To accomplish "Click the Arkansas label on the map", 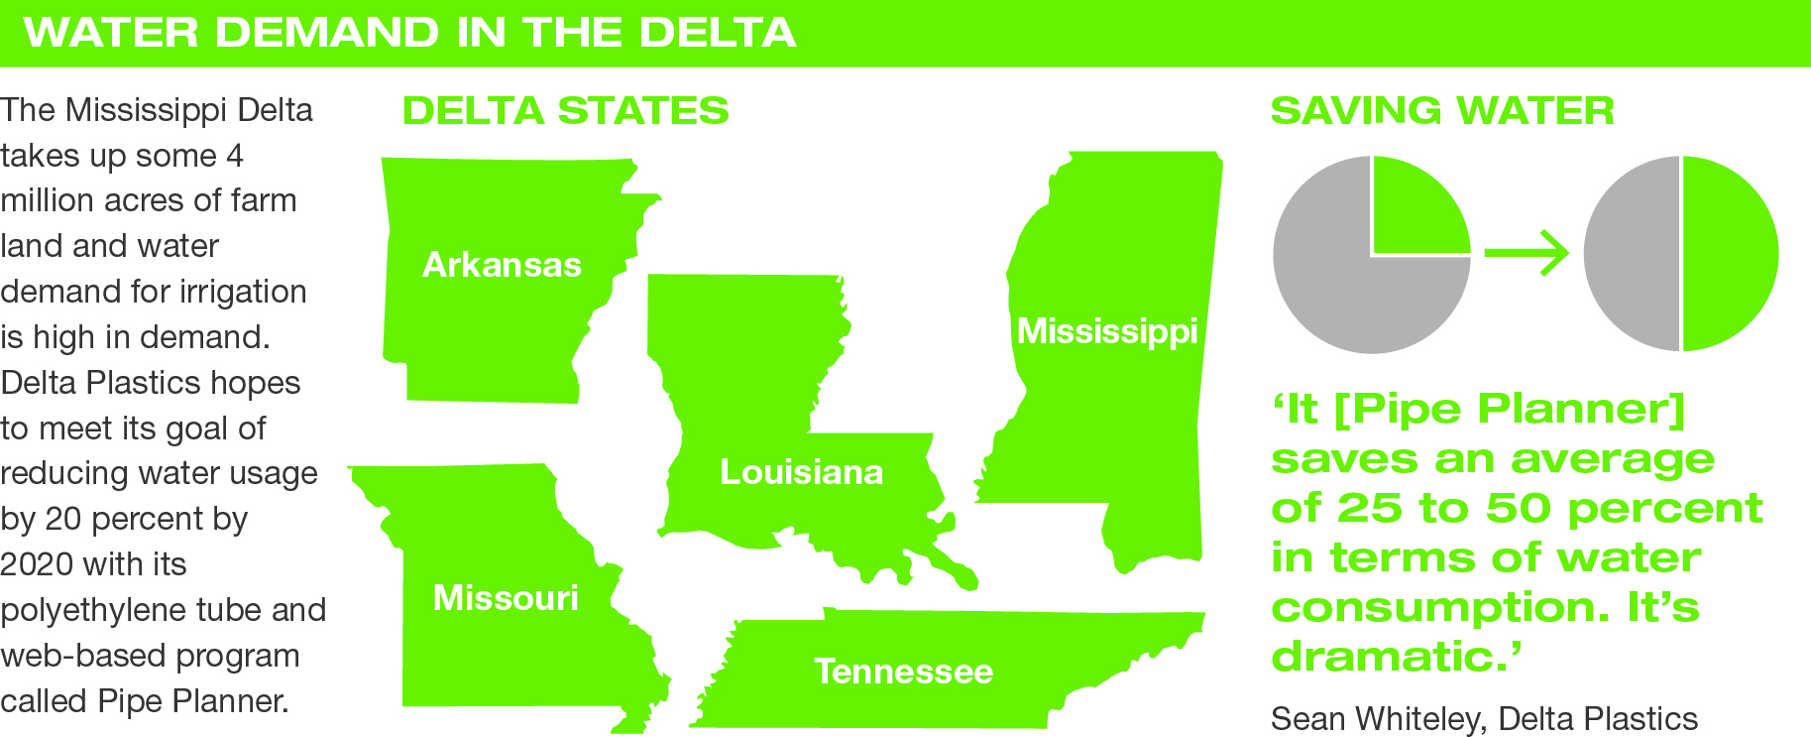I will click(x=502, y=265).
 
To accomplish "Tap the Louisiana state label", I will click(x=801, y=472).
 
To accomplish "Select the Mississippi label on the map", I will click(x=1107, y=331).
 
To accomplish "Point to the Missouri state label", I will click(x=506, y=598).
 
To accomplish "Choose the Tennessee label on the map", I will click(x=903, y=672).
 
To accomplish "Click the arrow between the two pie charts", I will click(x=1527, y=254).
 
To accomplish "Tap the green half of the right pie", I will click(x=1728, y=254).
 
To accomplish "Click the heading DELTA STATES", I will click(x=565, y=111).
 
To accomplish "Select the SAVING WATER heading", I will click(x=1442, y=111).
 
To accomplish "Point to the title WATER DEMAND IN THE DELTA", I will click(x=409, y=33).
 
